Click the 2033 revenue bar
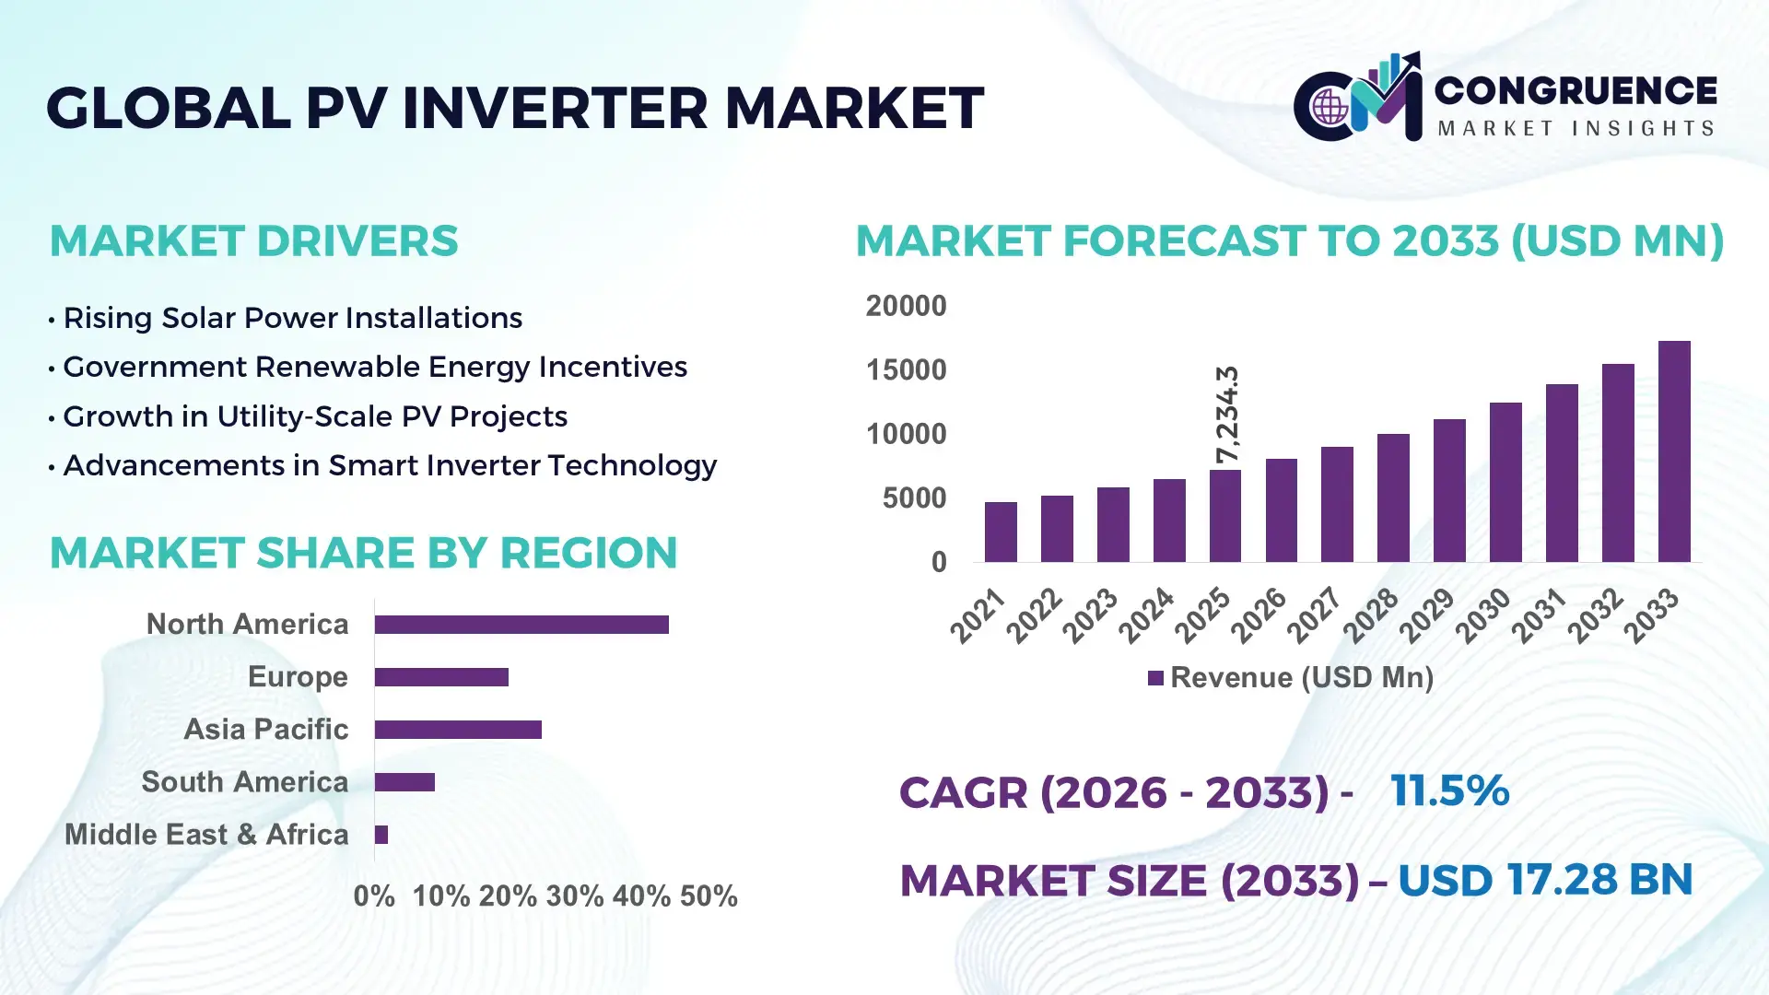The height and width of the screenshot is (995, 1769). click(1674, 451)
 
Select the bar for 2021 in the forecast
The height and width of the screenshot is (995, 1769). click(1001, 532)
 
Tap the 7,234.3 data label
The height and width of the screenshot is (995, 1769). click(1227, 414)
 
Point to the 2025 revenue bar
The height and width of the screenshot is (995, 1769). click(1225, 516)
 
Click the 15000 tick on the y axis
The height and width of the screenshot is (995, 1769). click(906, 370)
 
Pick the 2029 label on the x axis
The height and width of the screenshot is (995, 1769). click(1427, 615)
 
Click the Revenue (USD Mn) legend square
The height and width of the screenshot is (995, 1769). click(1155, 678)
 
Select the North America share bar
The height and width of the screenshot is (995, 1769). click(521, 625)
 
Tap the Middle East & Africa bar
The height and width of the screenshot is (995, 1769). click(381, 835)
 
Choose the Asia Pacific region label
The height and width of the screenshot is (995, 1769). click(266, 730)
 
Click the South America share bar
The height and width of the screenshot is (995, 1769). click(404, 782)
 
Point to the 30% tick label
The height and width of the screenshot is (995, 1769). click(574, 896)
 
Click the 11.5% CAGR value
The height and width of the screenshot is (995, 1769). click(1449, 790)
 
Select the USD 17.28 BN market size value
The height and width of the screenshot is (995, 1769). click(1545, 880)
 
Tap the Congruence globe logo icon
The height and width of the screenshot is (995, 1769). click(1330, 107)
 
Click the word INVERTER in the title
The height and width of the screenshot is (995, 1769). click(555, 108)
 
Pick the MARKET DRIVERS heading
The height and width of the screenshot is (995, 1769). click(253, 241)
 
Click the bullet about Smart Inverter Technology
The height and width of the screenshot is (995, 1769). click(389, 465)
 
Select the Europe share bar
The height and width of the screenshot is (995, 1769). click(441, 677)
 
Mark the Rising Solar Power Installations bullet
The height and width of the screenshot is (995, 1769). click(292, 318)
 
